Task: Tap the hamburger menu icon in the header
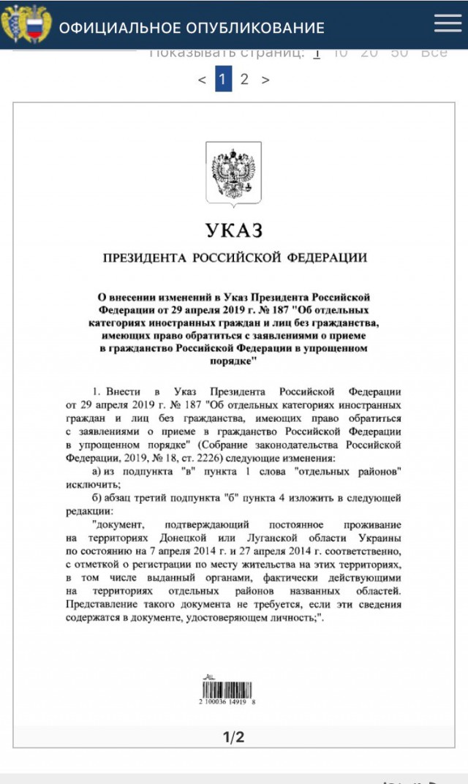point(448,23)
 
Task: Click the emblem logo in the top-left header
point(26,24)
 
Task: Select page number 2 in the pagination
point(244,79)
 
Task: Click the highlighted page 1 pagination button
point(224,79)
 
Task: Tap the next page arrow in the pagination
point(265,80)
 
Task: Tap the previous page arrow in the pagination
point(202,80)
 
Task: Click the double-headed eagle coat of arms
point(233,173)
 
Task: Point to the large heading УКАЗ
point(233,231)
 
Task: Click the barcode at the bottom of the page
point(233,688)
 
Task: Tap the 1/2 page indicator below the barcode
point(233,737)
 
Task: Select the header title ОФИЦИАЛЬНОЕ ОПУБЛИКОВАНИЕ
point(192,29)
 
